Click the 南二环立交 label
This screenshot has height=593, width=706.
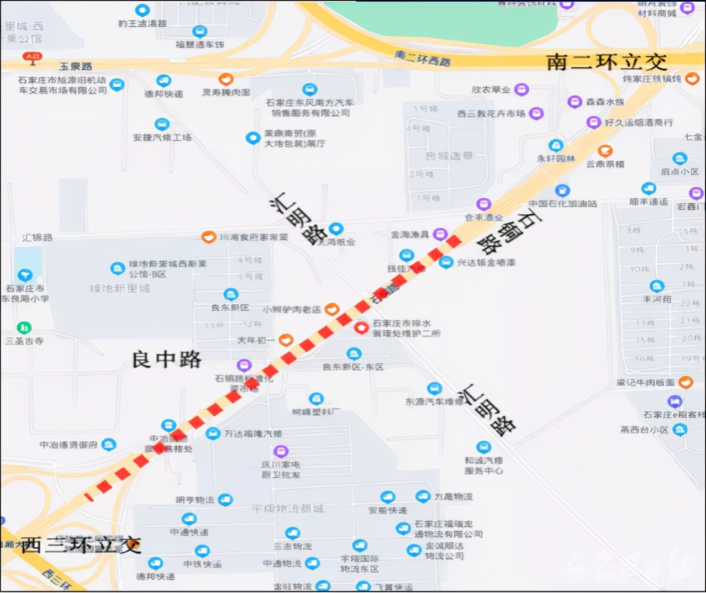[607, 62]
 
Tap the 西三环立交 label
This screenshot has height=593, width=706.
[81, 545]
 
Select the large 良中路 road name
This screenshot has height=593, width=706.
[166, 359]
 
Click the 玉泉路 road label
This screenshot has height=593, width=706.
[76, 66]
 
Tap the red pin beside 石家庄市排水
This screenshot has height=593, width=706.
[361, 327]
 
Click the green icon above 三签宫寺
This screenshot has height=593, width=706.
[24, 327]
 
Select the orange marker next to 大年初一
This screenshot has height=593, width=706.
[286, 340]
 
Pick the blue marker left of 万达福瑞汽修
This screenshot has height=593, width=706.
[213, 433]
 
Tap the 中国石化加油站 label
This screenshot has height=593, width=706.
[562, 204]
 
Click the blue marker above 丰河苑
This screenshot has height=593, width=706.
[656, 285]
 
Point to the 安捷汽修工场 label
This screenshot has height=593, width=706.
[162, 137]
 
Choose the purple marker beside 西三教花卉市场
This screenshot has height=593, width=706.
[535, 113]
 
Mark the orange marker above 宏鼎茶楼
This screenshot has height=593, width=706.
[605, 150]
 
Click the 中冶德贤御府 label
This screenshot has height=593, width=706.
[69, 444]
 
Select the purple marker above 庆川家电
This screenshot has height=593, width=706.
[281, 451]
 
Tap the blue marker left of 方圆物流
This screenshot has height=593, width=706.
[423, 496]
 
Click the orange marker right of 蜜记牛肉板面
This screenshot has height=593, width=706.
[686, 382]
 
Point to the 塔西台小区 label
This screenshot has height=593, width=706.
[644, 430]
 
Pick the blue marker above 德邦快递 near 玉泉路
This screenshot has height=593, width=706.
[164, 81]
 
